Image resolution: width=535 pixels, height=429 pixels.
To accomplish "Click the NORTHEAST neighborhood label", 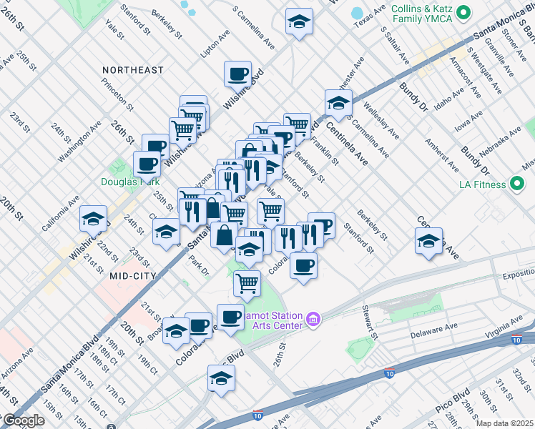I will (x=132, y=70).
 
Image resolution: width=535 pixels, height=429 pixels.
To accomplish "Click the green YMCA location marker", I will (x=463, y=12).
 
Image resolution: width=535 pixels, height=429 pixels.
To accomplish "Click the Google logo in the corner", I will (x=23, y=420).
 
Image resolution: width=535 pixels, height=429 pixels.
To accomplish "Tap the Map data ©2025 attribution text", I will (x=505, y=423).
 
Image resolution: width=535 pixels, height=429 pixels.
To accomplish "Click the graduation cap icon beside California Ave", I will (x=93, y=218).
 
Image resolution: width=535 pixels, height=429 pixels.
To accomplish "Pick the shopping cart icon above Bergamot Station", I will (x=247, y=282).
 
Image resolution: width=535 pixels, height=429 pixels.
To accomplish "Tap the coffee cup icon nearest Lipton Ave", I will (x=237, y=73).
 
